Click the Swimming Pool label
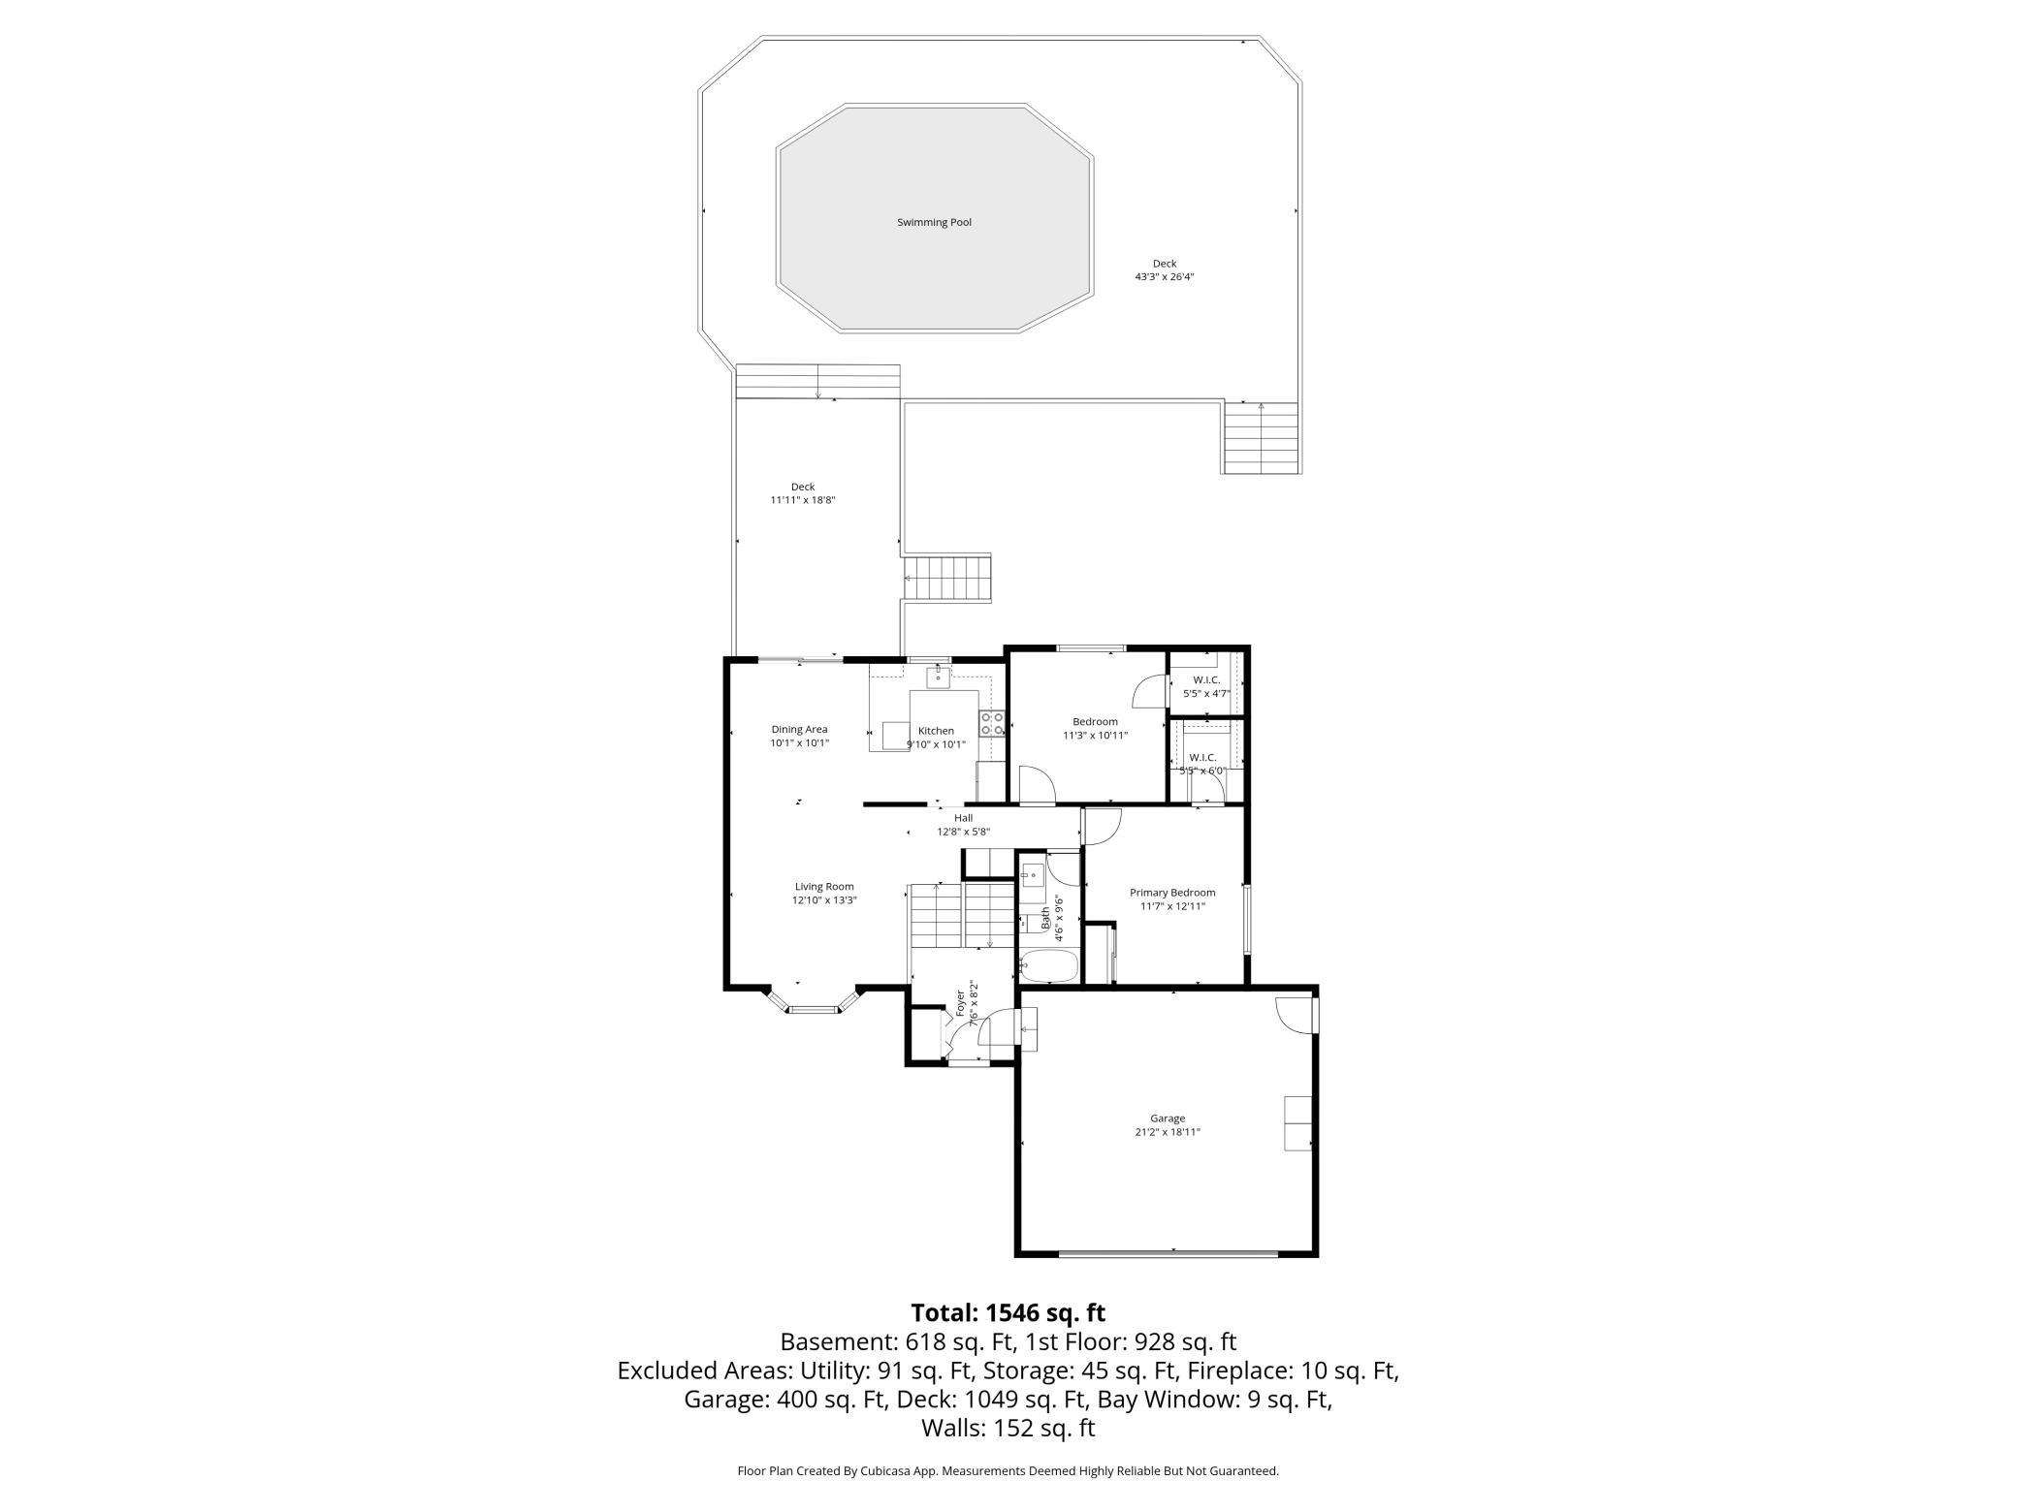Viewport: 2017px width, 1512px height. [934, 222]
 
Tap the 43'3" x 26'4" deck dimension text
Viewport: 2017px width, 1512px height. [1164, 277]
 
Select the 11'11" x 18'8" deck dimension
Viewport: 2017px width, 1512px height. [802, 500]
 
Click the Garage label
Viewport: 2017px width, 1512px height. [1168, 1118]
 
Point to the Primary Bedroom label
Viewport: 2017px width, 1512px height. [1171, 893]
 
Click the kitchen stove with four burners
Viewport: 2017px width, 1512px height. [991, 723]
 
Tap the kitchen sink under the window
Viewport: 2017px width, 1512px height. [937, 676]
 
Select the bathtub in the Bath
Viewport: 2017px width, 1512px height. [1048, 966]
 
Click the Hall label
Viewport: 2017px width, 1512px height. [962, 818]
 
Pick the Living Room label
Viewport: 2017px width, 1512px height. [824, 886]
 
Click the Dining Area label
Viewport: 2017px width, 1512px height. [799, 730]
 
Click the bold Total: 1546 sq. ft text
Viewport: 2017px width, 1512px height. [1008, 1312]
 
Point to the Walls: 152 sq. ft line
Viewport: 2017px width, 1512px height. [1008, 1427]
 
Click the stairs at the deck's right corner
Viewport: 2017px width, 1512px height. [1260, 438]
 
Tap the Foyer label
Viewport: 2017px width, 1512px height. [961, 1002]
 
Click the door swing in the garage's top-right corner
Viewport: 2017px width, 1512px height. [1295, 1012]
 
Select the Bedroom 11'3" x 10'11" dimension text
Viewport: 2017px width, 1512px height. [1095, 736]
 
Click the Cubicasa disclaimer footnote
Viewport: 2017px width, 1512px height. [1008, 1470]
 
